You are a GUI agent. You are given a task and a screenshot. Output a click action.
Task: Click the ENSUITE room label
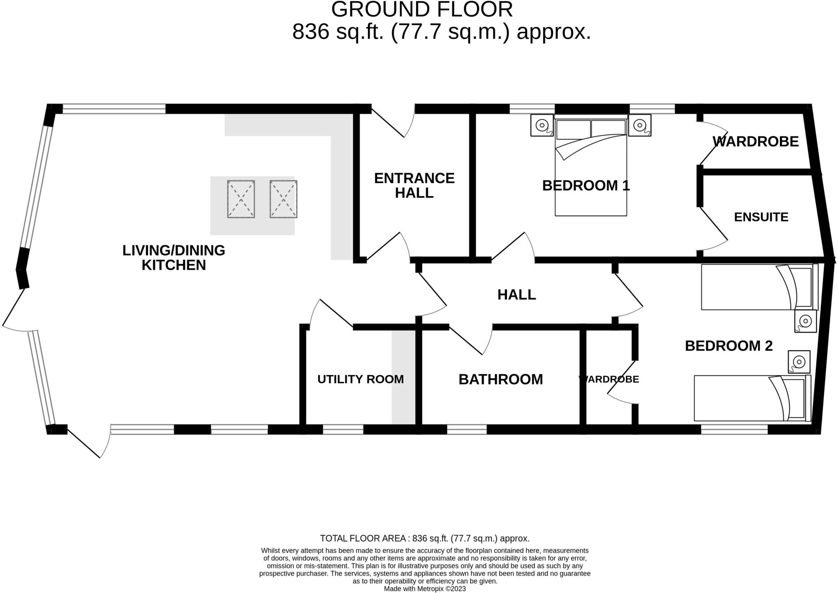pyautogui.click(x=761, y=217)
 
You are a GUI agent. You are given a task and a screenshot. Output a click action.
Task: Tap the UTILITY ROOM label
pyautogui.click(x=360, y=379)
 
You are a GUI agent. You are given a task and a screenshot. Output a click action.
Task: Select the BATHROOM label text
pyautogui.click(x=500, y=379)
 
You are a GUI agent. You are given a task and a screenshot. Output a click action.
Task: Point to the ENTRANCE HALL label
pyautogui.click(x=414, y=186)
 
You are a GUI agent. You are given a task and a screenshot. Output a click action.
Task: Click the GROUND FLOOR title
pyautogui.click(x=421, y=10)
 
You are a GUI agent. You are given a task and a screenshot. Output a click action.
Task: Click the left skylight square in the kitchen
pyautogui.click(x=241, y=199)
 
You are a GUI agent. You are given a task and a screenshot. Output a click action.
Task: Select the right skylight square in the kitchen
pyautogui.click(x=283, y=199)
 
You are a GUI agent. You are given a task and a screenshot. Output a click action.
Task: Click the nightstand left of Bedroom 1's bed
pyautogui.click(x=542, y=125)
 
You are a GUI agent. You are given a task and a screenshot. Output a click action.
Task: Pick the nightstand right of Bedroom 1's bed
pyautogui.click(x=640, y=125)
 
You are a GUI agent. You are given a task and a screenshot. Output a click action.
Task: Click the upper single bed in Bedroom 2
pyautogui.click(x=757, y=287)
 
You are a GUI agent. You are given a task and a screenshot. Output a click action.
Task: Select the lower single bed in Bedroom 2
pyautogui.click(x=751, y=398)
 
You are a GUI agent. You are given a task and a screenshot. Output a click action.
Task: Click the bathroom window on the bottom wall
pyautogui.click(x=466, y=430)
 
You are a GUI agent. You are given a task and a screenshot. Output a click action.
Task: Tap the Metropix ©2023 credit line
pyautogui.click(x=424, y=589)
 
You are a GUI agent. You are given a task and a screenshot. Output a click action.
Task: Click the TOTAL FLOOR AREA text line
pyautogui.click(x=424, y=538)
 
